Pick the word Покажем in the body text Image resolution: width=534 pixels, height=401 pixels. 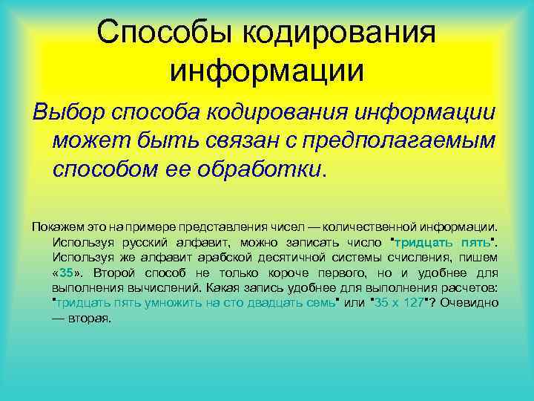(x=50, y=228)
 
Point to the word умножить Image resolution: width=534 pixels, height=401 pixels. (x=179, y=302)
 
